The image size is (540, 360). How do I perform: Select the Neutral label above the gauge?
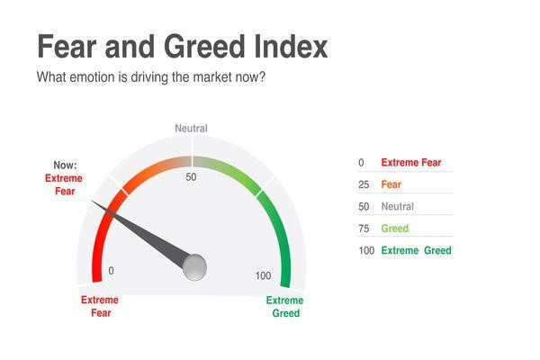tap(191, 129)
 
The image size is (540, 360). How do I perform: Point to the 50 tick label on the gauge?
tap(191, 177)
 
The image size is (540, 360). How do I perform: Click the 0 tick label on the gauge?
tap(111, 271)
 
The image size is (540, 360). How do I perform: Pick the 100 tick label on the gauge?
tap(263, 275)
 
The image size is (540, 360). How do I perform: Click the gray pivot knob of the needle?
tap(194, 266)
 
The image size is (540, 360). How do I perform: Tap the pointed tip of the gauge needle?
tap(92, 203)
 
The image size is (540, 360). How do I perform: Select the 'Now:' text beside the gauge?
tap(64, 166)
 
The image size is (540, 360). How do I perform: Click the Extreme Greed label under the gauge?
tap(285, 307)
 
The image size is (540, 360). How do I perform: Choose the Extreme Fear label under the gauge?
tap(99, 306)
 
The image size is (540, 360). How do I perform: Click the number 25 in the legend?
tap(364, 184)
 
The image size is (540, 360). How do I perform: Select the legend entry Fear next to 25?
tap(391, 184)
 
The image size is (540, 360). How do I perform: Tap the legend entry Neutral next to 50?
tap(398, 207)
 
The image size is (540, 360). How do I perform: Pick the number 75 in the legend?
tap(364, 229)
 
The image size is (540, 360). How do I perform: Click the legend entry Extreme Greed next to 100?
tap(416, 250)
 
